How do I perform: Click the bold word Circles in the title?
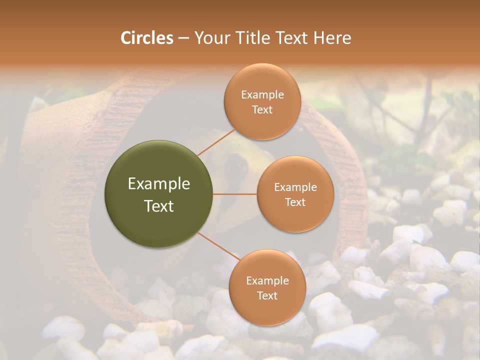tap(146, 38)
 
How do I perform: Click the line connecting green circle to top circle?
tap(216, 141)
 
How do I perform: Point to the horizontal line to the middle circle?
tap(235, 194)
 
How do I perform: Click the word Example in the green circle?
tap(159, 184)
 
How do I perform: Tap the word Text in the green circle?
tap(159, 206)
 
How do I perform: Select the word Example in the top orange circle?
tap(262, 95)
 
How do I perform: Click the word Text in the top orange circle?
tap(262, 109)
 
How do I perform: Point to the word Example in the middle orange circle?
tap(295, 187)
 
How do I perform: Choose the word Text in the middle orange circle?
tap(295, 202)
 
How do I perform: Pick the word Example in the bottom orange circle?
tap(267, 281)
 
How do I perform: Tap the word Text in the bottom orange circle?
tap(267, 295)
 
